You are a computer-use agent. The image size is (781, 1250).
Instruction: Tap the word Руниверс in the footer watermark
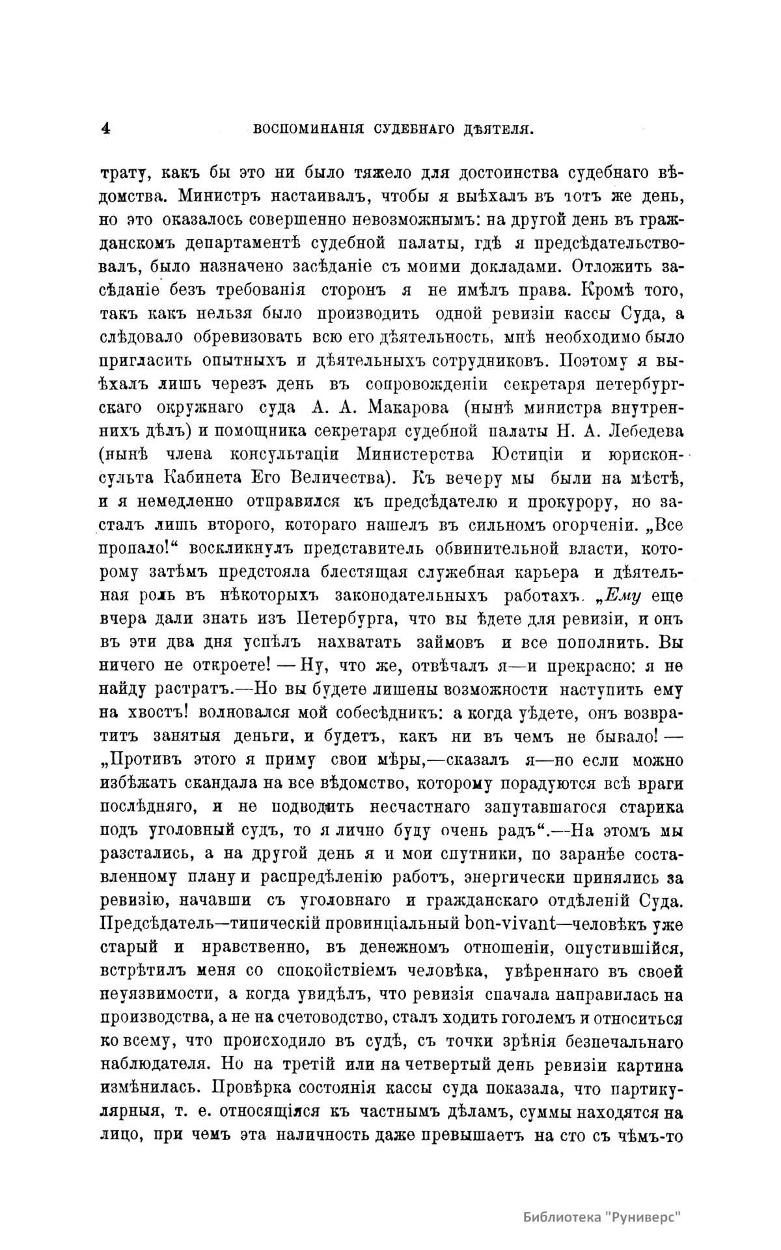tap(645, 1217)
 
